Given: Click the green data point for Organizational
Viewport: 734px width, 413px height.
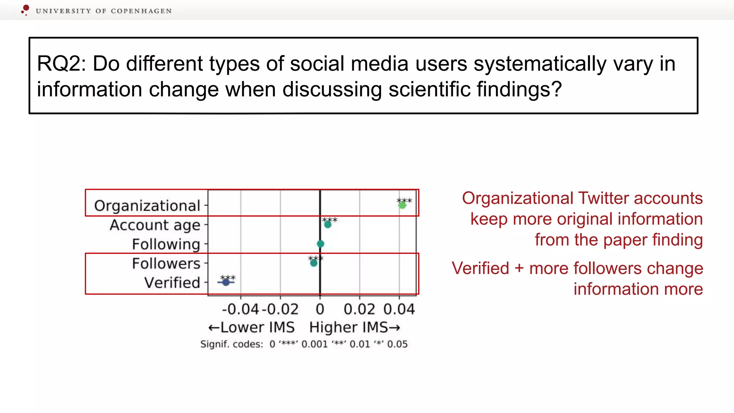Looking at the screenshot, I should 402,205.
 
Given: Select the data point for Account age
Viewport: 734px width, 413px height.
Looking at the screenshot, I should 328,225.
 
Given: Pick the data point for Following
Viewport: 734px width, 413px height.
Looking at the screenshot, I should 320,244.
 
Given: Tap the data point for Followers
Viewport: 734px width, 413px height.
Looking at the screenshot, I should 314,263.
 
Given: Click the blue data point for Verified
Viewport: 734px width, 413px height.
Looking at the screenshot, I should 226,283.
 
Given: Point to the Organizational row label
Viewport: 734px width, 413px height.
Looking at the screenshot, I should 147,206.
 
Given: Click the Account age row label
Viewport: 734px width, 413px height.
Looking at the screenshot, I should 155,225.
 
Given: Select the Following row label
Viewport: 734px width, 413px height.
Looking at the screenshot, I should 166,244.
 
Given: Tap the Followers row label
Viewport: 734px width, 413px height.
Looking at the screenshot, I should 166,264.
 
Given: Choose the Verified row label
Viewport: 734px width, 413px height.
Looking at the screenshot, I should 172,283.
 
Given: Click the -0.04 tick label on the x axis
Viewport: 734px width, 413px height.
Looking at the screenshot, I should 240,309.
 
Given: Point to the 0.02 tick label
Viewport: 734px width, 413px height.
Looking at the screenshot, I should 359,309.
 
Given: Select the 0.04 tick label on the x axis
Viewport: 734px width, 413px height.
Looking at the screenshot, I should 399,309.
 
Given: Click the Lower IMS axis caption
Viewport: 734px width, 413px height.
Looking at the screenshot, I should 252,327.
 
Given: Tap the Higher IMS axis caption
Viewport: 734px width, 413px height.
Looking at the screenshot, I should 354,327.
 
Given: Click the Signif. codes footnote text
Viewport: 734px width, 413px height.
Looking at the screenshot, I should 304,344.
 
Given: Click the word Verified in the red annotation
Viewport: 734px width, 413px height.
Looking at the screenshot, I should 480,268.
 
